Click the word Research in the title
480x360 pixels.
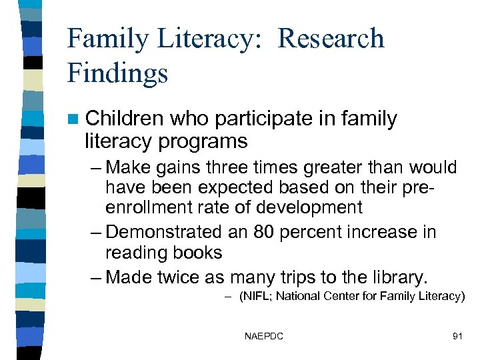pyautogui.click(x=331, y=39)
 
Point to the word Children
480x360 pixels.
pyautogui.click(x=125, y=119)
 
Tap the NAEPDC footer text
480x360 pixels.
pyautogui.click(x=264, y=336)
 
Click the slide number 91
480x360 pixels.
pyautogui.click(x=457, y=336)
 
